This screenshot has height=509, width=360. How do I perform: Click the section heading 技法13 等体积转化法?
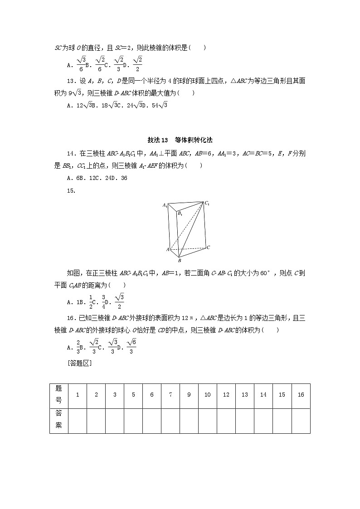pos(180,140)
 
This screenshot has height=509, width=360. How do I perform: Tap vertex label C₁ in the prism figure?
pos(207,204)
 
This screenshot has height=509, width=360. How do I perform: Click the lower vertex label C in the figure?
pos(208,247)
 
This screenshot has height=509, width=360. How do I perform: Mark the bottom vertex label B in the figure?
pos(179,261)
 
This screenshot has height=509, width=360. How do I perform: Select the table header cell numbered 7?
pos(170,395)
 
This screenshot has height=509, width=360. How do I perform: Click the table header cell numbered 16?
pos(301,395)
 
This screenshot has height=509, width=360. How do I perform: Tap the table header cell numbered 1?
pos(78,395)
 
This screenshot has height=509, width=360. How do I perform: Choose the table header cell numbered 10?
pos(208,395)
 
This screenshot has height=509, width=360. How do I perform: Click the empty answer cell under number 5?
pos(133,421)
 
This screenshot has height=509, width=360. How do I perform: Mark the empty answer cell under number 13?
pos(245,421)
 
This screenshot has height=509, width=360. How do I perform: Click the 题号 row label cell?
pos(58,395)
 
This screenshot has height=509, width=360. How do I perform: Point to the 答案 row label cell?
pos(58,421)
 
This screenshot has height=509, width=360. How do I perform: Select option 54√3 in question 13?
pos(159,106)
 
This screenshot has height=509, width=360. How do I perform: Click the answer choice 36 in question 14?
pos(124,178)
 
